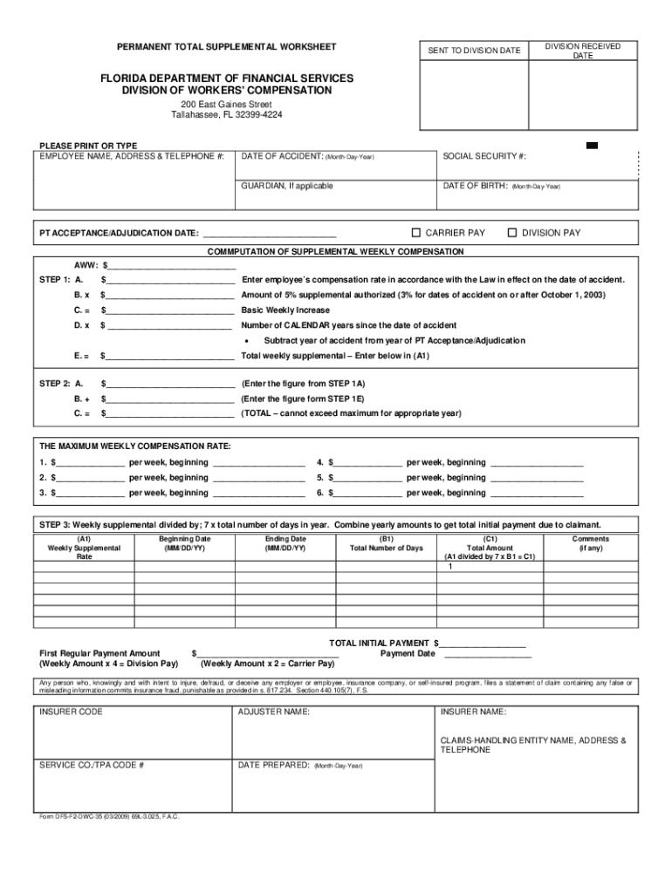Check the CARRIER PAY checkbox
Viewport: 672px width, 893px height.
[x=416, y=233]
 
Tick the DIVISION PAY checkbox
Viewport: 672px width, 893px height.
[x=513, y=233]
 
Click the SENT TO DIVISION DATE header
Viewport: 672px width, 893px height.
[x=473, y=51]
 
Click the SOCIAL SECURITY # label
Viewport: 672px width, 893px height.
[x=484, y=156]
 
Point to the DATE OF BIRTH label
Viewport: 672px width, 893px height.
[x=476, y=186]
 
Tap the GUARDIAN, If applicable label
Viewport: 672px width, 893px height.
[x=287, y=186]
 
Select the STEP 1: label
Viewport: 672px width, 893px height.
[x=55, y=280]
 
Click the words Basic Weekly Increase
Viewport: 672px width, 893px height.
[x=285, y=310]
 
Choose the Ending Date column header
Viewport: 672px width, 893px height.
[x=285, y=543]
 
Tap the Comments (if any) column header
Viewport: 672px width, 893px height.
[x=590, y=543]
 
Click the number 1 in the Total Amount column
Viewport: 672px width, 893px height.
[x=450, y=567]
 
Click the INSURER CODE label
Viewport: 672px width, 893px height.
[x=71, y=712]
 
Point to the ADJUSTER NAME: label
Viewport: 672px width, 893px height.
[x=273, y=712]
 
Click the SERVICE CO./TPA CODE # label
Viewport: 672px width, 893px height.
[x=92, y=765]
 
